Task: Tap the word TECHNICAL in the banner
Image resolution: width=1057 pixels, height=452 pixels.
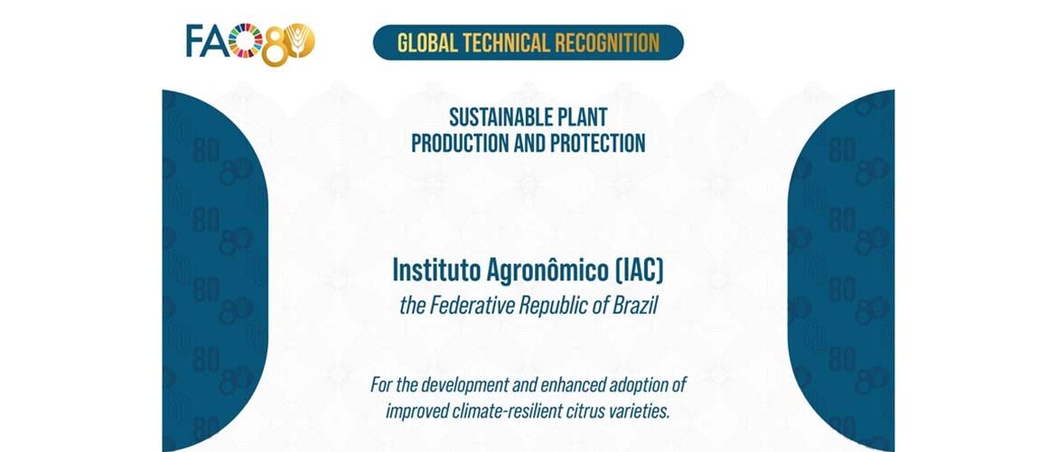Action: (x=510, y=42)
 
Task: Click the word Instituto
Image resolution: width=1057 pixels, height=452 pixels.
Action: (x=430, y=269)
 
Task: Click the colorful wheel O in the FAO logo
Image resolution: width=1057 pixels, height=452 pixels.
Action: (x=246, y=40)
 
